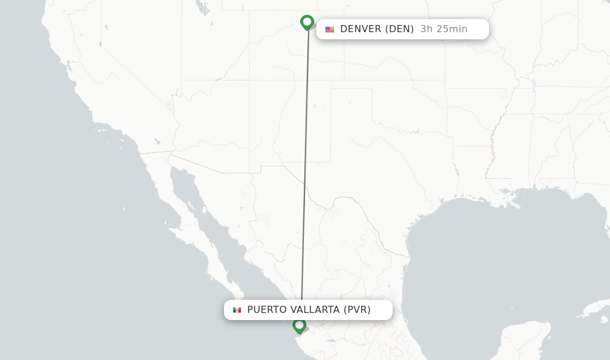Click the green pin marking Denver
(307, 23)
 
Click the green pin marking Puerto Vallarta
(299, 325)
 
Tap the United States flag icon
(329, 29)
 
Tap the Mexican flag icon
(237, 310)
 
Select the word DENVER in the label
(360, 29)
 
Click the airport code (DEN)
(399, 29)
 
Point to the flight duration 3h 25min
(444, 29)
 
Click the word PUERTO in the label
(267, 310)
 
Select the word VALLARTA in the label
(315, 310)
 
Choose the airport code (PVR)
(357, 310)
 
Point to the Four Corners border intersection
(250, 80)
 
